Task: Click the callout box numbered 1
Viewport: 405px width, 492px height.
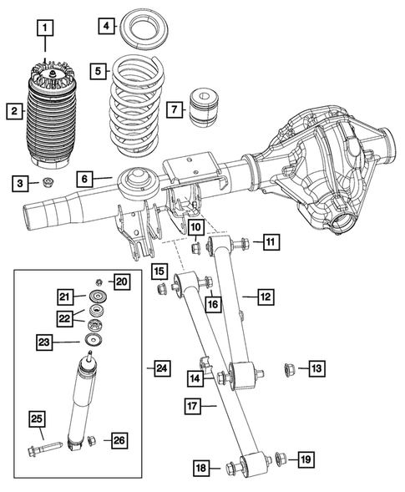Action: (46, 28)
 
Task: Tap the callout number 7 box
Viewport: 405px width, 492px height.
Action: (174, 109)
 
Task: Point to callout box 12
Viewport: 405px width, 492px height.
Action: (265, 296)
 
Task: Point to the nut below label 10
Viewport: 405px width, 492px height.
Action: (195, 246)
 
